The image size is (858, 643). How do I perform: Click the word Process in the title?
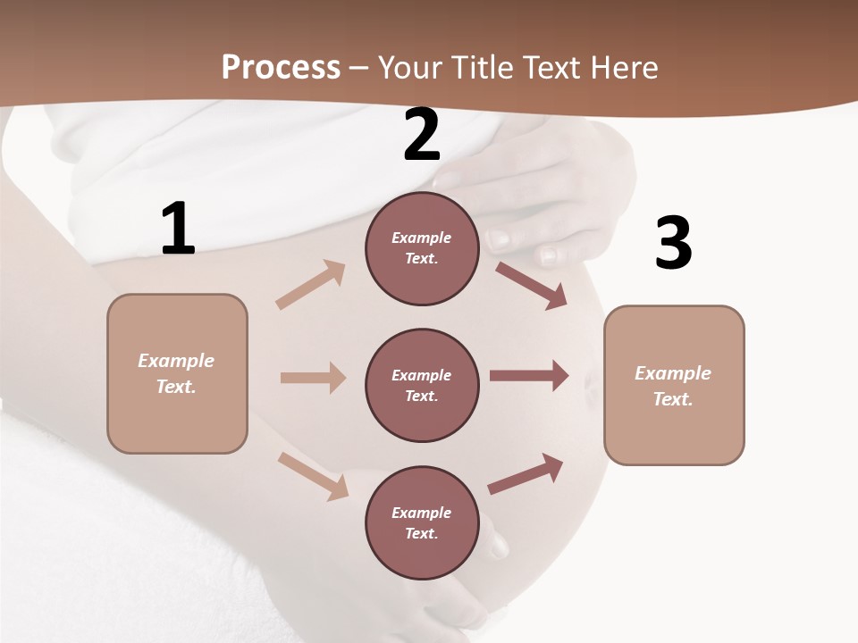[x=281, y=67]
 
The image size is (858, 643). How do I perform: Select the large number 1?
[x=178, y=230]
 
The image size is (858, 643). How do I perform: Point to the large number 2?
[x=422, y=135]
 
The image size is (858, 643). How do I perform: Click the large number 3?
[x=673, y=244]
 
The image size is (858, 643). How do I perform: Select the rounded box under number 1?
[x=177, y=373]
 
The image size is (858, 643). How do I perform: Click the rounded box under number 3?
[x=674, y=385]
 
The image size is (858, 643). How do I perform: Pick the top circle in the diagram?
[x=422, y=248]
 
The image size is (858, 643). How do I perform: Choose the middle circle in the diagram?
[x=422, y=385]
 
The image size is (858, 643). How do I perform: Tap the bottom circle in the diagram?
[x=422, y=522]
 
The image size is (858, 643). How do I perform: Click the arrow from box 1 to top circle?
[x=311, y=285]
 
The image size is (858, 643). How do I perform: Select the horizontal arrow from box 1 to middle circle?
[x=313, y=378]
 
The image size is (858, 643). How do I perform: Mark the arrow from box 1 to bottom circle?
[x=313, y=476]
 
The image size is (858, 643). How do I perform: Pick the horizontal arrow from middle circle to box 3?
[x=529, y=376]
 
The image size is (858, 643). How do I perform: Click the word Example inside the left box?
[x=176, y=361]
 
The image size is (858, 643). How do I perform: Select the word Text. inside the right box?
[x=673, y=399]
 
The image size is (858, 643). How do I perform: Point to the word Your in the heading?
[x=409, y=67]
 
